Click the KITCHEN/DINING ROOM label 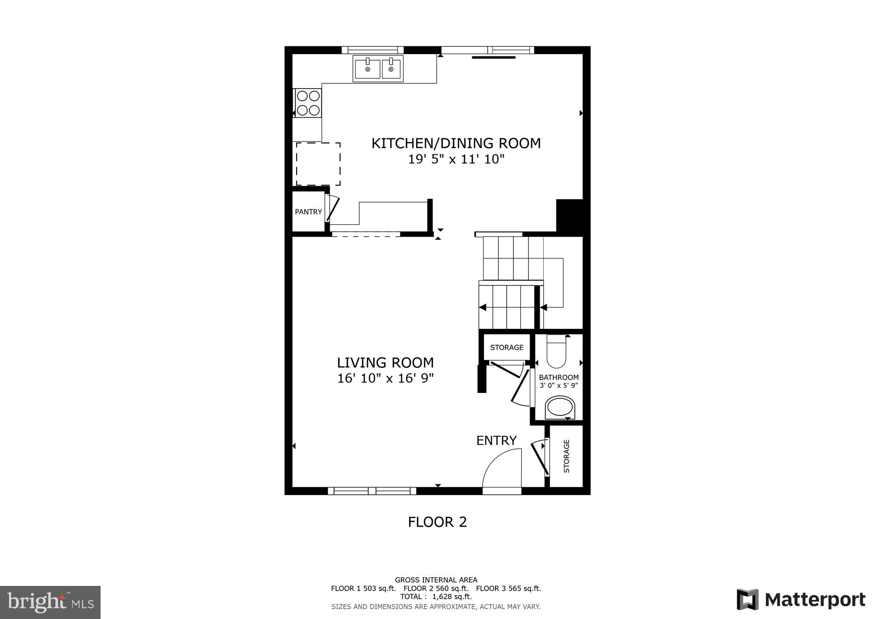(x=456, y=143)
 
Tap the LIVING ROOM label (x=385, y=363)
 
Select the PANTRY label (x=308, y=212)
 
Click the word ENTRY (x=496, y=441)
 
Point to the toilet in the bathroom (x=557, y=352)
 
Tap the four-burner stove (x=308, y=103)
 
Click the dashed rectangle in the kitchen (x=318, y=164)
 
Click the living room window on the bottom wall (x=372, y=491)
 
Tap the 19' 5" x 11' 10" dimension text (x=456, y=159)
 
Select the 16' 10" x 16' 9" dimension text (x=385, y=379)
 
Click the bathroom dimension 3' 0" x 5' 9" (x=559, y=386)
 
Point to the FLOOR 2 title (x=437, y=522)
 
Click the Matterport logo (x=801, y=600)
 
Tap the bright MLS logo (x=50, y=602)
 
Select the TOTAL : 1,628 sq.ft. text (x=436, y=597)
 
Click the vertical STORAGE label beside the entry (x=566, y=456)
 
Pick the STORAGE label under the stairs (x=507, y=347)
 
